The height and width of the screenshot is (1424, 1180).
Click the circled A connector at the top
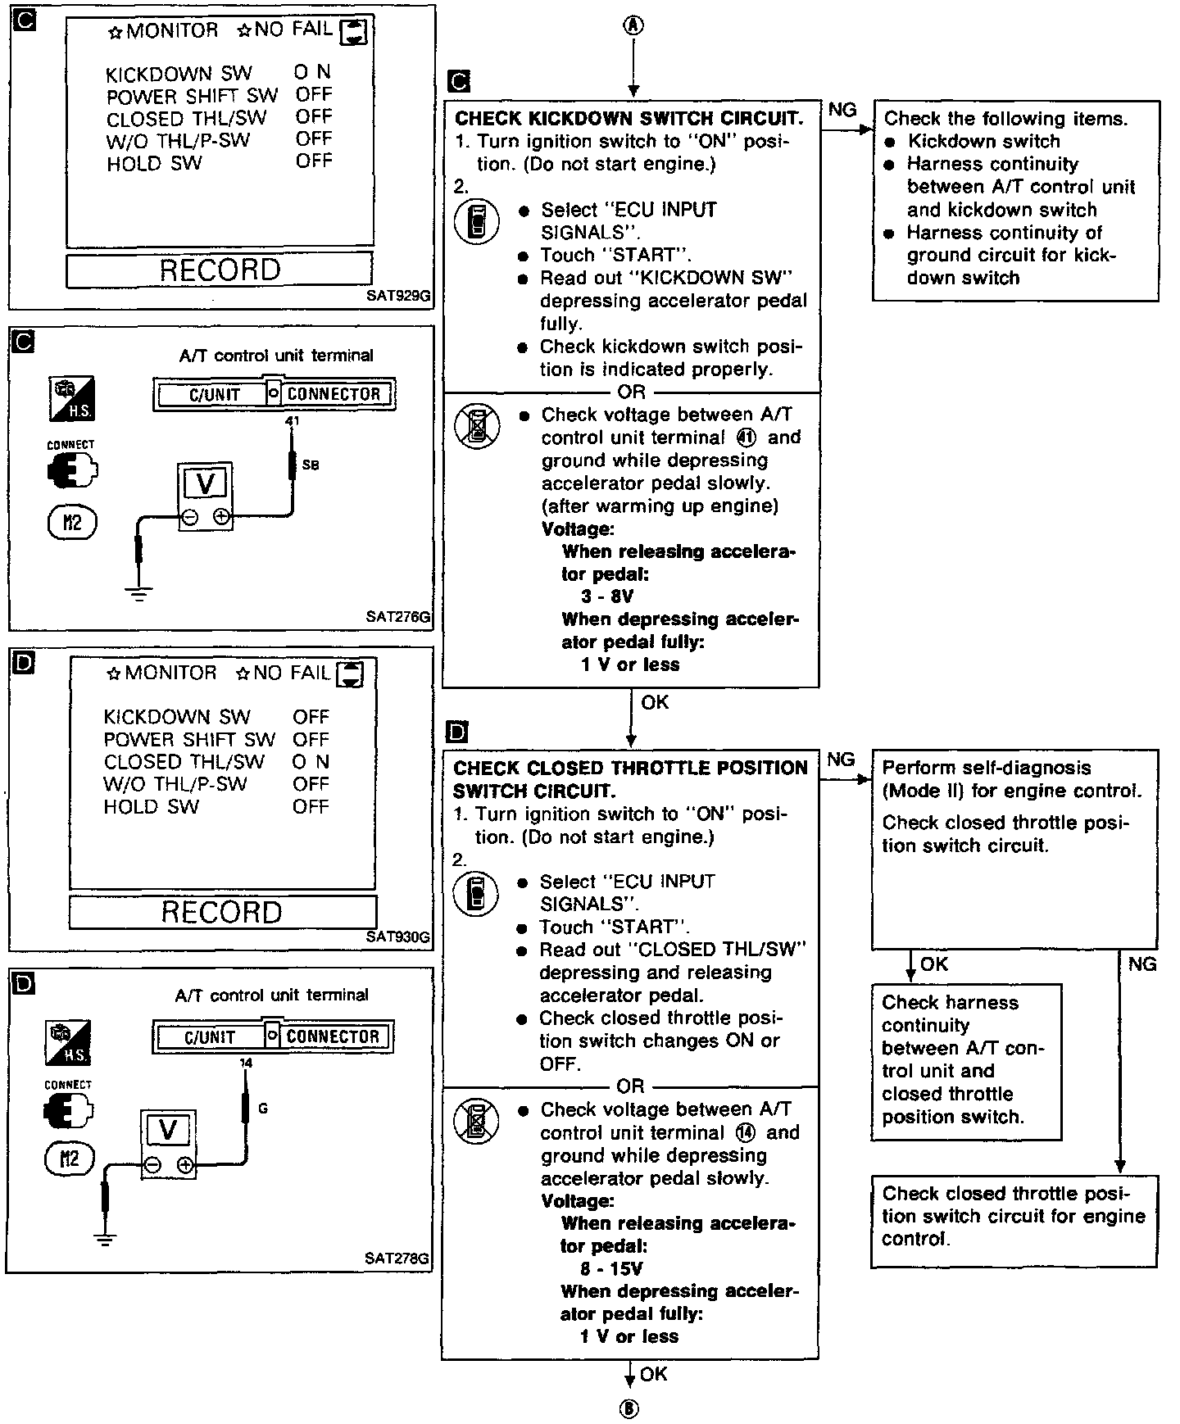coord(633,25)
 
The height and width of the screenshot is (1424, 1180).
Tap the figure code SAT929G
coord(398,297)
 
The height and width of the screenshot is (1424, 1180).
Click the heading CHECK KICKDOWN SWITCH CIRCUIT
coord(629,118)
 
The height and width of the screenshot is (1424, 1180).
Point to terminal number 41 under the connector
coord(293,421)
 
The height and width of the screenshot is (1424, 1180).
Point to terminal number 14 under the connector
coord(246,1063)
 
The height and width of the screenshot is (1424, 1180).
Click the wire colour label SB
coord(311,465)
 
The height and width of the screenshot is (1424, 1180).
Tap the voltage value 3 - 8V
coord(607,596)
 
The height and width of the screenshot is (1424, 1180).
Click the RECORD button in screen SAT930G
coord(222,912)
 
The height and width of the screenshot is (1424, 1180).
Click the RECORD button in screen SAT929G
coord(220,270)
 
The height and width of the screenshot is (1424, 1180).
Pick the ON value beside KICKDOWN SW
coord(312,73)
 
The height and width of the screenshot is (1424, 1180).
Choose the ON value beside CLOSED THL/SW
coord(311,762)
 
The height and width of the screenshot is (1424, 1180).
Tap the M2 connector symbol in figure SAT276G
coord(72,523)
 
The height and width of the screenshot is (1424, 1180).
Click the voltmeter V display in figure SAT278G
coord(168,1131)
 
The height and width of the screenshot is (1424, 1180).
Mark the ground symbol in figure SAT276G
coord(140,596)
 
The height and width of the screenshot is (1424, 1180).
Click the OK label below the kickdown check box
coord(655,702)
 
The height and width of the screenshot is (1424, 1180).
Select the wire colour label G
coord(263,1109)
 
